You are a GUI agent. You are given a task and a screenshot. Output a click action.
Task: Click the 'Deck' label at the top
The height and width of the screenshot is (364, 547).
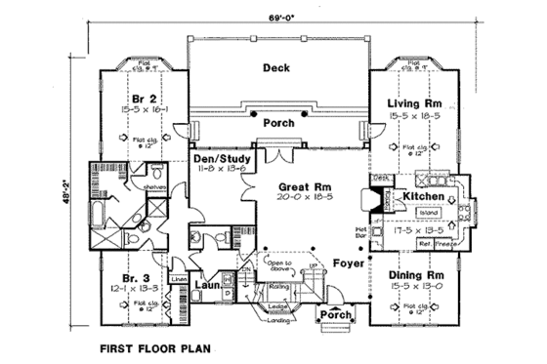pyautogui.click(x=278, y=67)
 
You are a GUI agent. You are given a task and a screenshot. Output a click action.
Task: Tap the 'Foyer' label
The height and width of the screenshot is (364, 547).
pyautogui.click(x=348, y=263)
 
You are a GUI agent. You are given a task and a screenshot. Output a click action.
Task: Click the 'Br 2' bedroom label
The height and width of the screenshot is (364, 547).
pyautogui.click(x=144, y=99)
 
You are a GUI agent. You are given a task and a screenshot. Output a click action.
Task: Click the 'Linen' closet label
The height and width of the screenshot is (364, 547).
pyautogui.click(x=178, y=280)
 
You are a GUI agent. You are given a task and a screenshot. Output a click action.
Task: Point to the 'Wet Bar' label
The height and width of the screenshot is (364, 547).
pyautogui.click(x=358, y=232)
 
